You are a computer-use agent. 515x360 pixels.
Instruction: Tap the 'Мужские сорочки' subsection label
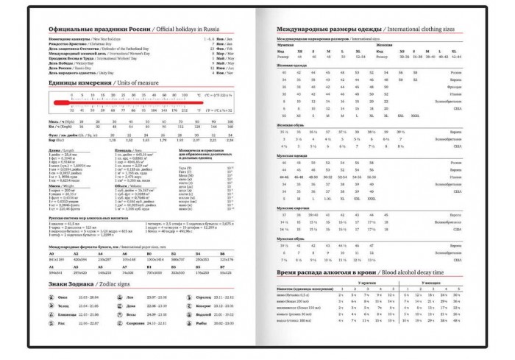coord(291,208)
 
